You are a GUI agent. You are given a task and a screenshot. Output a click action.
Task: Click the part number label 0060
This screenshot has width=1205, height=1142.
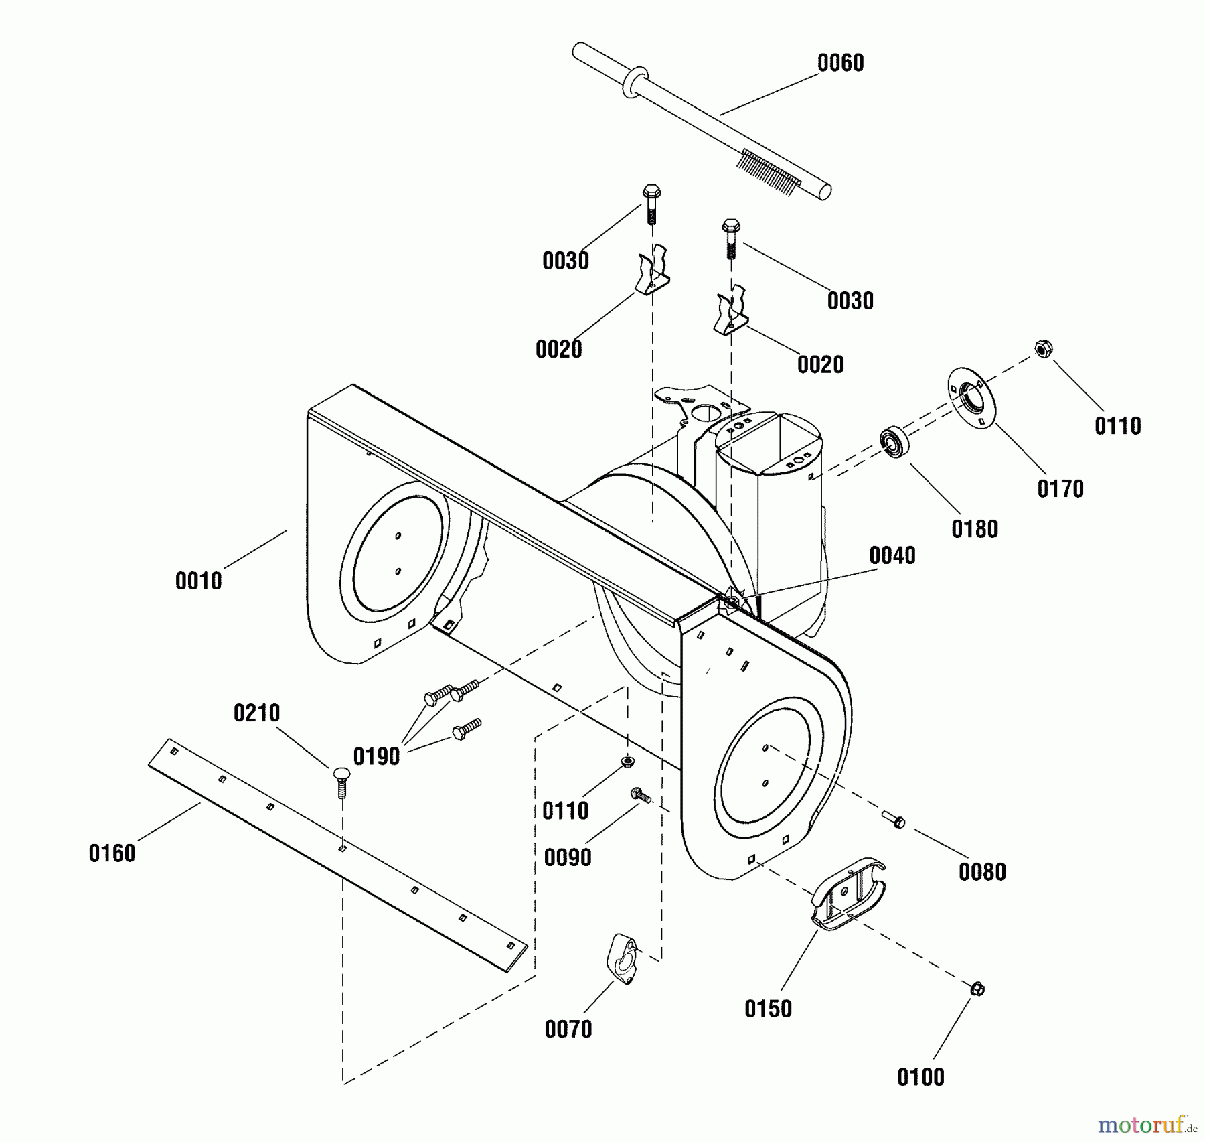click(x=840, y=63)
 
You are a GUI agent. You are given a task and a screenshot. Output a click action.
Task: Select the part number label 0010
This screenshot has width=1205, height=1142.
click(x=198, y=581)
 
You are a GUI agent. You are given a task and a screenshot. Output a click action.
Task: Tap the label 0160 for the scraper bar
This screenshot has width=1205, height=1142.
click(x=112, y=853)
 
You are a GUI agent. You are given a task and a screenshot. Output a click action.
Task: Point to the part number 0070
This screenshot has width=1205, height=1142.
click(x=568, y=1029)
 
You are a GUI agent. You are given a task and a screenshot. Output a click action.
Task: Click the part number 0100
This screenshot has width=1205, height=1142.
click(x=920, y=1077)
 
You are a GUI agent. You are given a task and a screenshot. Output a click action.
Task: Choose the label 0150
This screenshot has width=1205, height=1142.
click(x=768, y=1008)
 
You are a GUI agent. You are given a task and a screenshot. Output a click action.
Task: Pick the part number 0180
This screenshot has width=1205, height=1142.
click(x=975, y=529)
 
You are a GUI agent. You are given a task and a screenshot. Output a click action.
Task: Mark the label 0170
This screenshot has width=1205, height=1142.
click(x=1060, y=489)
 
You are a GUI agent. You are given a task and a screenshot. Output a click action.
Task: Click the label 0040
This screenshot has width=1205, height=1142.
click(x=892, y=555)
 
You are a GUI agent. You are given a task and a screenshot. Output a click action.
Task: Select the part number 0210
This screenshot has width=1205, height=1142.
click(x=256, y=713)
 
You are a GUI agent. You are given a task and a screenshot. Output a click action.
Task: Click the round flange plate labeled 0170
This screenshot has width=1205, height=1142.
click(x=971, y=399)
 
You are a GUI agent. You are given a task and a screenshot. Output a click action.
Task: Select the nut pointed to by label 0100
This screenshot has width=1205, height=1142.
click(x=977, y=989)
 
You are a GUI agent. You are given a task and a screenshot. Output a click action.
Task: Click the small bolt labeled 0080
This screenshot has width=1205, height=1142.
click(x=894, y=819)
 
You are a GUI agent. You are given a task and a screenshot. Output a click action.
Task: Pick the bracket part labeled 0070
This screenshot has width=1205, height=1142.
click(x=623, y=959)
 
